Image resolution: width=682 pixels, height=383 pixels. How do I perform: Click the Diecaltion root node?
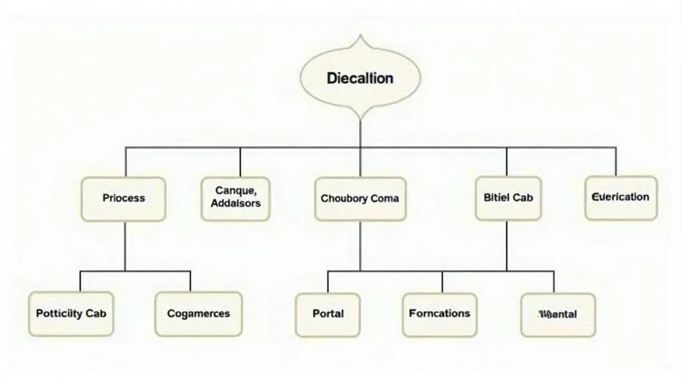point(360,78)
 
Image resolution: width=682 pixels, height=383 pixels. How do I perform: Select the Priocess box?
point(124,198)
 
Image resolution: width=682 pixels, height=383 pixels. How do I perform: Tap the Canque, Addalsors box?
point(235,198)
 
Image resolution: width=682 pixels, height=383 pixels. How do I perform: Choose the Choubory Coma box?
point(360,198)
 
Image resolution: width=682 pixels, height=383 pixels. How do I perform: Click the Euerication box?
point(620,197)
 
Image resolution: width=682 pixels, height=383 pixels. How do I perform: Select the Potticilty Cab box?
point(71,313)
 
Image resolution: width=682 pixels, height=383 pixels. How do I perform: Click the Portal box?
point(328,314)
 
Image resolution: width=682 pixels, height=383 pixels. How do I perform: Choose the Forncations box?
point(439,314)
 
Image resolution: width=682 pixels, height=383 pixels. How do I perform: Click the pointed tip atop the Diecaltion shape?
point(360,36)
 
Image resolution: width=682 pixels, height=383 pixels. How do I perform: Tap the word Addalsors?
point(235,204)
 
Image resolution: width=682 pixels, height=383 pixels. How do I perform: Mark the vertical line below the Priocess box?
point(125,246)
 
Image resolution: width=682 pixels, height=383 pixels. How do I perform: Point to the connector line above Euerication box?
point(616,161)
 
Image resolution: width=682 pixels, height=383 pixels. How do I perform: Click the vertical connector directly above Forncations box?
point(442,282)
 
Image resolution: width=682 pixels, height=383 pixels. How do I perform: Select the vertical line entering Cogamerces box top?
point(190,281)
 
